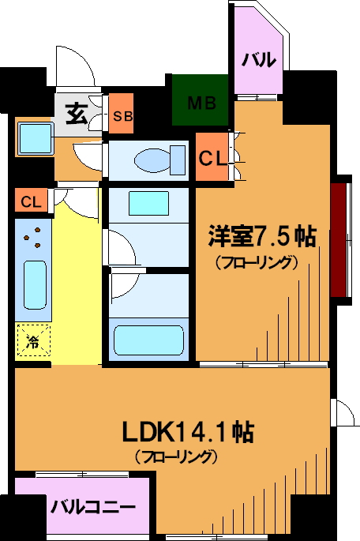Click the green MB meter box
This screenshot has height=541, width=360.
point(201,100)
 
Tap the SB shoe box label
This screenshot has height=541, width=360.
point(123,116)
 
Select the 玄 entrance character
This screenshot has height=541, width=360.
point(77,114)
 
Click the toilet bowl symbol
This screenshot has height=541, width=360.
point(159,160)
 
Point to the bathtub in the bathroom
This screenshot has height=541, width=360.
point(148,340)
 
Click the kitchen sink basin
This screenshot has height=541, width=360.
point(35,285)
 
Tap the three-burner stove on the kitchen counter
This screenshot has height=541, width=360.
point(32,238)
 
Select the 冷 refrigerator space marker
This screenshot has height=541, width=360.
point(33,340)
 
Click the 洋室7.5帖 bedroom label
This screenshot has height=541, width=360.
point(262,236)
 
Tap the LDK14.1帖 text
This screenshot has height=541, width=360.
point(188,432)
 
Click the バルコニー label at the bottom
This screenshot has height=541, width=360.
point(92,507)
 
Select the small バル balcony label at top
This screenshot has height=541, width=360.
point(259,60)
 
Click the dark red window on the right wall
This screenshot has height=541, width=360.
point(339,240)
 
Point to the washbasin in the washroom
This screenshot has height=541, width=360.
point(149,203)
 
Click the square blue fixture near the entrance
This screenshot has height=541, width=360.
point(36,138)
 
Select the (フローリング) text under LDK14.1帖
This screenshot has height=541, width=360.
point(176,456)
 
